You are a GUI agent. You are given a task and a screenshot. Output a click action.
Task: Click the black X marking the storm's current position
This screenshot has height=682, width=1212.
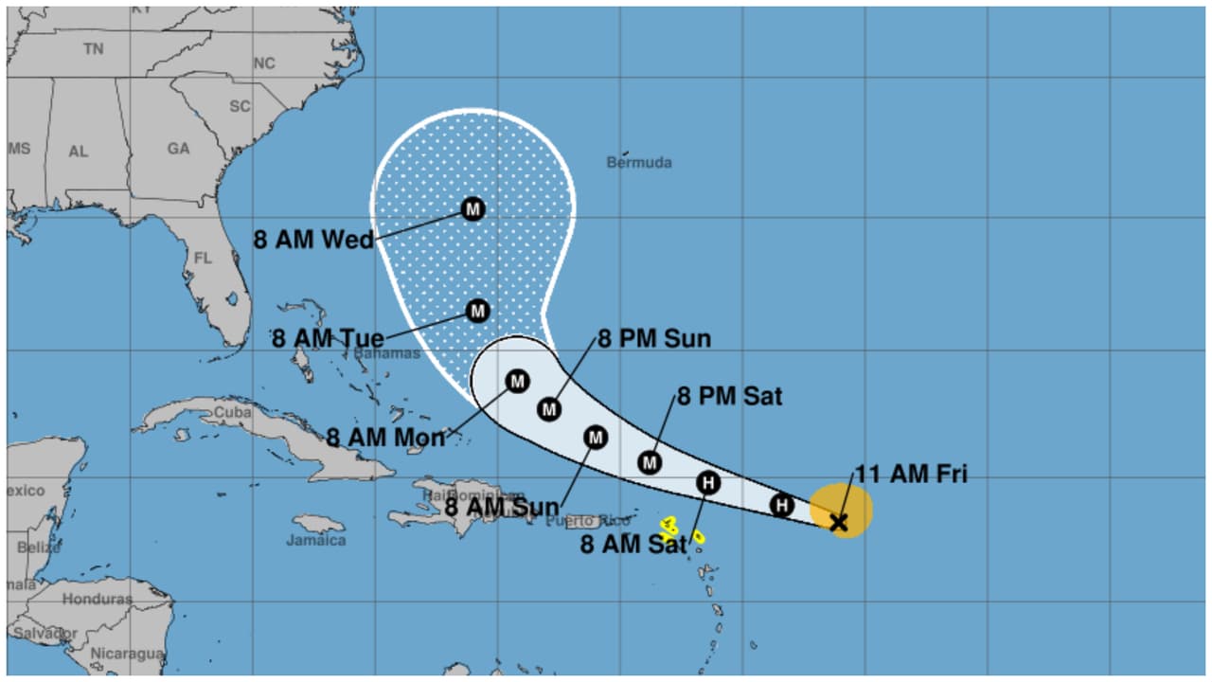point(838,522)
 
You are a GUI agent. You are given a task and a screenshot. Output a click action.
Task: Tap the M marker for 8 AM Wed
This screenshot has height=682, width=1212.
point(472,208)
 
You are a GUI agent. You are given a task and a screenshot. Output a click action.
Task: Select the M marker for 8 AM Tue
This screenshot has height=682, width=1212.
point(477,311)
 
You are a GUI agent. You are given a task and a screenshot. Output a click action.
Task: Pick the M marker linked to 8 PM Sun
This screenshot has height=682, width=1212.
point(549,409)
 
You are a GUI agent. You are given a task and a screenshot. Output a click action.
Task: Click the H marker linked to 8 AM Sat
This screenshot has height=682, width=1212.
point(707,483)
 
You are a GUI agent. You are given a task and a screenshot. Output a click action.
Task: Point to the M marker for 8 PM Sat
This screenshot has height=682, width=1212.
point(649,462)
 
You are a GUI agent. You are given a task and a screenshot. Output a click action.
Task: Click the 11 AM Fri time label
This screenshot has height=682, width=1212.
point(911,475)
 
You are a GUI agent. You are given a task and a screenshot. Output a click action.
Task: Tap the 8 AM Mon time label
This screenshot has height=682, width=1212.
point(385,438)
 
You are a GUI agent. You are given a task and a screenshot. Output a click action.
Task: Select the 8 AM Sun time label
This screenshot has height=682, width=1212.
point(502,508)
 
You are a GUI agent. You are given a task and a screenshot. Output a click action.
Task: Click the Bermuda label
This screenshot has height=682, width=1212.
point(639,163)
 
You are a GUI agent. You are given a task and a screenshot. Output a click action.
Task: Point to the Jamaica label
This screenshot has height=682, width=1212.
point(316,541)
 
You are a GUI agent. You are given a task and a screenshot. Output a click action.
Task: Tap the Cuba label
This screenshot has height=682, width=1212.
point(233,413)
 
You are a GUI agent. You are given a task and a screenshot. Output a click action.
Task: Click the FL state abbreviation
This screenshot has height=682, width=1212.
point(204,258)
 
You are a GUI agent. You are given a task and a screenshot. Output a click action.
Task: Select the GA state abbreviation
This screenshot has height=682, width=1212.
point(178,149)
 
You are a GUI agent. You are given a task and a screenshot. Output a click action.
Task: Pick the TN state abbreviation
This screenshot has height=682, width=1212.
point(93,48)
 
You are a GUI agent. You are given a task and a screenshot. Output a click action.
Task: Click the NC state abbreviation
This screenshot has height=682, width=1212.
point(264,63)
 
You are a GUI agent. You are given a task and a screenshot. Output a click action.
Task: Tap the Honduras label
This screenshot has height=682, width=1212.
point(98,600)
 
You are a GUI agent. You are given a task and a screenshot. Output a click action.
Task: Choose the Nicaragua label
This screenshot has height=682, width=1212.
point(127,654)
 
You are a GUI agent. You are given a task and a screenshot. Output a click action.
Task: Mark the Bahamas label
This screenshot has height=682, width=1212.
point(386,353)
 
